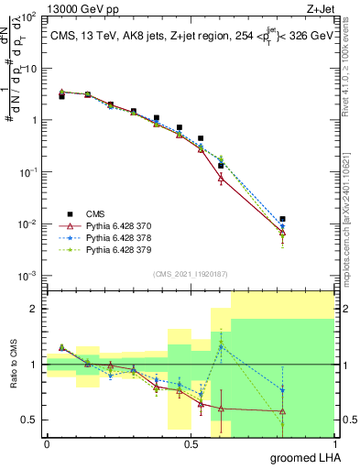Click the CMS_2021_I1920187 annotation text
[190, 274]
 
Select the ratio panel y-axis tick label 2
[35, 310]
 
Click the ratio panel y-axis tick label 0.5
[29, 420]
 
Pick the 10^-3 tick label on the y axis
[27, 276]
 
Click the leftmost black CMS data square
[61, 96]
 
